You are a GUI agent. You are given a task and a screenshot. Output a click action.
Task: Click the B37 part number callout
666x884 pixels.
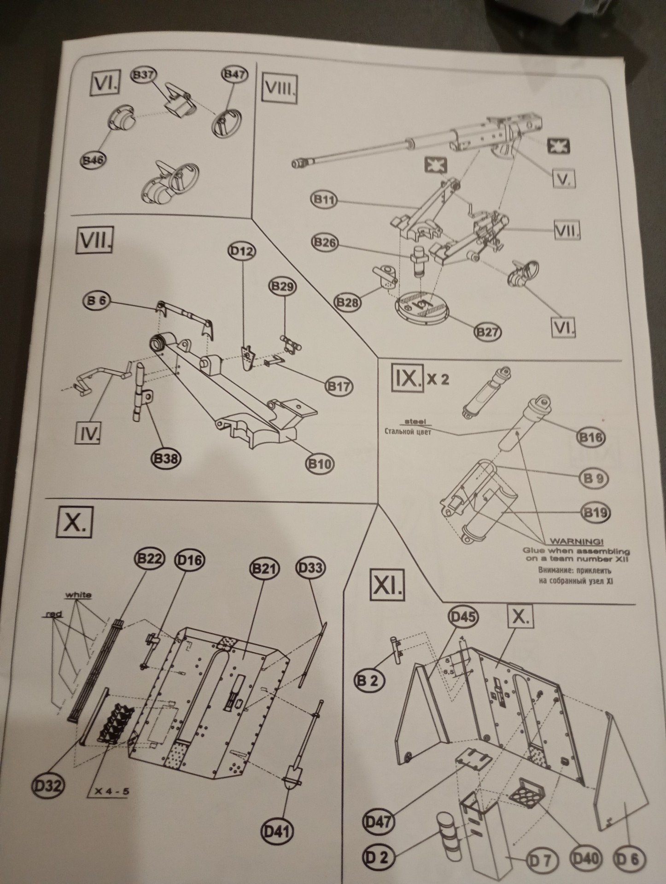[144, 76]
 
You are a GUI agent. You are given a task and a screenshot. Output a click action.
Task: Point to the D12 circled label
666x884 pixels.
[242, 251]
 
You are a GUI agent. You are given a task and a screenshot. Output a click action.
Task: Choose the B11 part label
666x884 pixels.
[324, 200]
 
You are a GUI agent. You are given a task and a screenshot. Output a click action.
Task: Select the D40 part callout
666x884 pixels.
[586, 858]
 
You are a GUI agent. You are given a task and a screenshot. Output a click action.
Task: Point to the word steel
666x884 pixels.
[415, 422]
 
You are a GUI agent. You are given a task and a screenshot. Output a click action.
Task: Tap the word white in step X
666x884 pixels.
[78, 595]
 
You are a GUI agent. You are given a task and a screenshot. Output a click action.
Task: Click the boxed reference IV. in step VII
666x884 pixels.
[88, 433]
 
